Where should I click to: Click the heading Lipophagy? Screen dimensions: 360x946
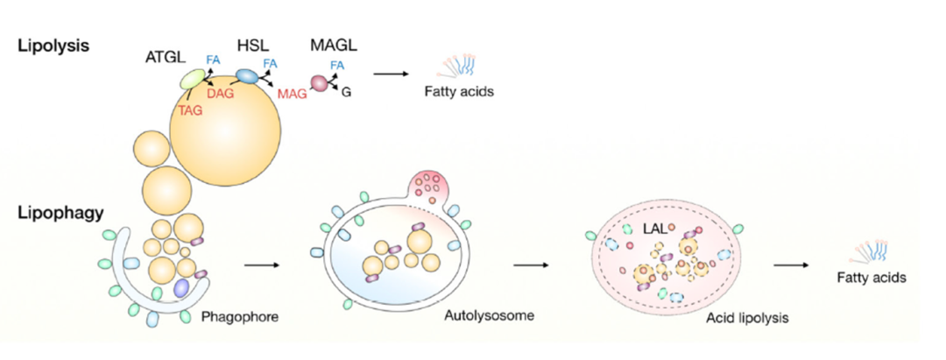[53, 212]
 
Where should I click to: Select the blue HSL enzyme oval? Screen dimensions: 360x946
[248, 77]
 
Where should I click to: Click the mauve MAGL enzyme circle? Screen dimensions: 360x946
[319, 83]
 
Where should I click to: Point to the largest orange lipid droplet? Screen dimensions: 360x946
[226, 130]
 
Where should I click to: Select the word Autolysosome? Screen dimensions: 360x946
[483, 312]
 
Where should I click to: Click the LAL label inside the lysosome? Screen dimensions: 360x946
[649, 229]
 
